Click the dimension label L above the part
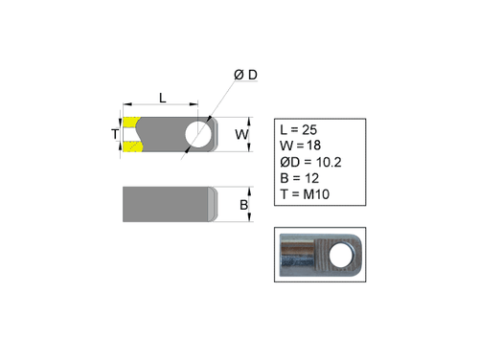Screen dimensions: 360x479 (162, 97)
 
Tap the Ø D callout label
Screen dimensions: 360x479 (245, 76)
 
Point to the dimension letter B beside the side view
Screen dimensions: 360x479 (243, 205)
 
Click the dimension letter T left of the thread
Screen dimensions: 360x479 (115, 135)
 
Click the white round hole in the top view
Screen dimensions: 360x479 (200, 134)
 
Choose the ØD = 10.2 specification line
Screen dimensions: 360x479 (308, 162)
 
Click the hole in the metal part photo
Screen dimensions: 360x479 (337, 254)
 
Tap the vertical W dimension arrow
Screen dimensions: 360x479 (251, 135)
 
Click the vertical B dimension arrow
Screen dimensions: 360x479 (251, 205)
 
